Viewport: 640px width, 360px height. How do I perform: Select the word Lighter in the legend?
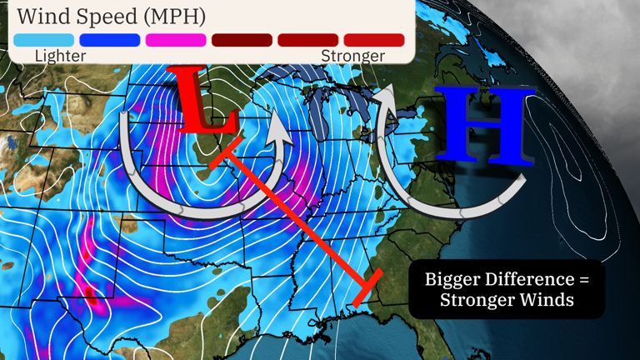click(61, 56)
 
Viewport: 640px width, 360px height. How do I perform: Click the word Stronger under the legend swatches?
click(353, 56)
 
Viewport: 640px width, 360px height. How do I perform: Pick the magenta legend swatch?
click(176, 40)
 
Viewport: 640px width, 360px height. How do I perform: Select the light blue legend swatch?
click(43, 40)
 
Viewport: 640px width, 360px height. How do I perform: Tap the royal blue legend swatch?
click(109, 40)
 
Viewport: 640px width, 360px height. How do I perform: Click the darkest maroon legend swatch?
click(242, 40)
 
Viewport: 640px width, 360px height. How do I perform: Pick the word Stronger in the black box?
click(482, 300)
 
